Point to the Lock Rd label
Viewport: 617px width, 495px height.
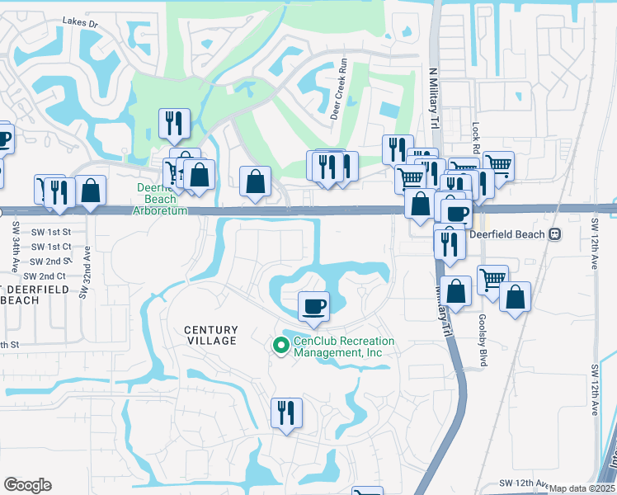476,134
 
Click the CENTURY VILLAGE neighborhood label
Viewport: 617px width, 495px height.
210,334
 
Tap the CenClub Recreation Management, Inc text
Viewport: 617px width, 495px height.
344,346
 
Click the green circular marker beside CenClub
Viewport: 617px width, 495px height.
280,346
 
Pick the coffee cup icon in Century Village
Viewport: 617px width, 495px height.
313,307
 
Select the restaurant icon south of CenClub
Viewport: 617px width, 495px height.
286,412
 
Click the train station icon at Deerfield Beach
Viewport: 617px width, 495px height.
555,234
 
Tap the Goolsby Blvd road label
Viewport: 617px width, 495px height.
483,335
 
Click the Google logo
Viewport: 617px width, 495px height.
28,485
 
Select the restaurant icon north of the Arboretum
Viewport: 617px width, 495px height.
174,124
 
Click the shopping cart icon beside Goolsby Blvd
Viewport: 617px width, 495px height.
492,280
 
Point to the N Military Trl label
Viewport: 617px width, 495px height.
432,98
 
